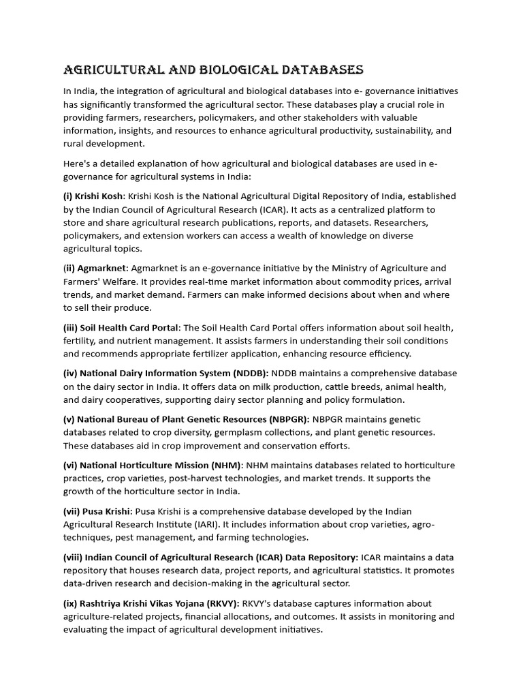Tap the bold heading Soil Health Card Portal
pyautogui.click(x=129, y=327)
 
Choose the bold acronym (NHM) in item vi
pyautogui.click(x=224, y=465)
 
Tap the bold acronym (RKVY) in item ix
pyautogui.click(x=217, y=603)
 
